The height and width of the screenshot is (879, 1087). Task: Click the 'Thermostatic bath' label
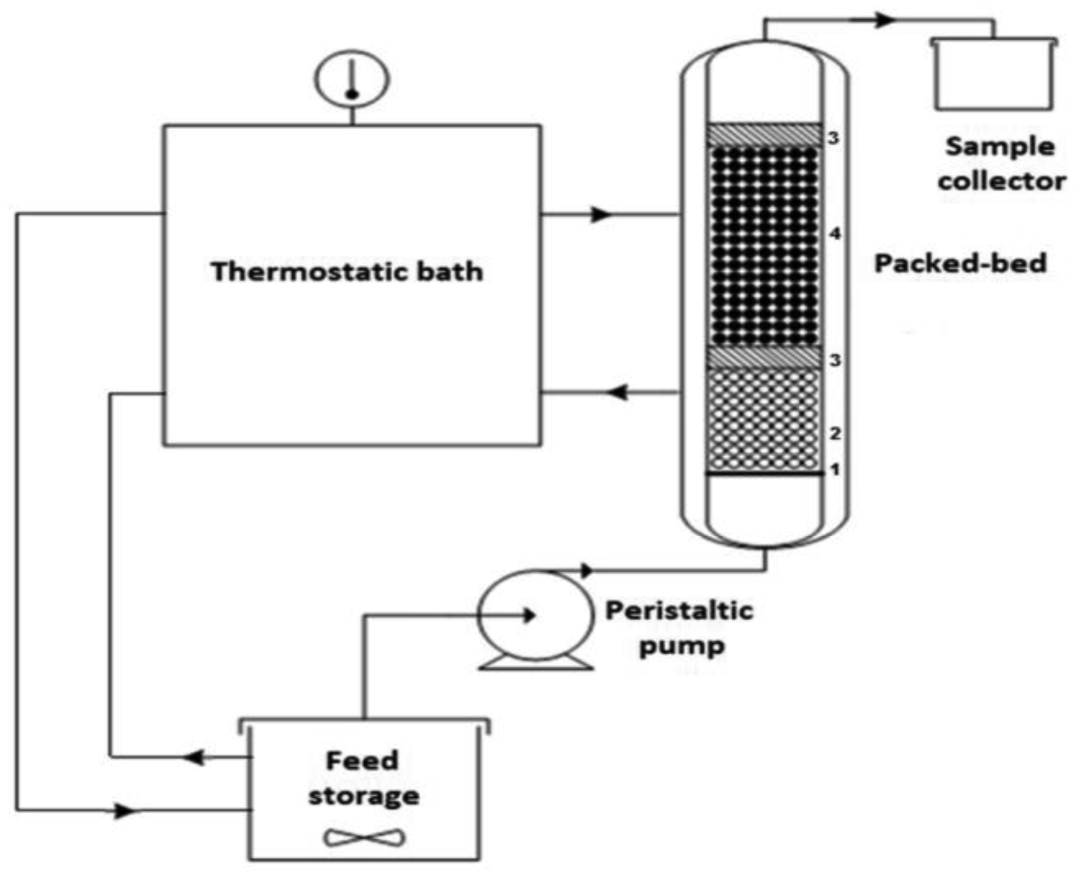[x=347, y=271]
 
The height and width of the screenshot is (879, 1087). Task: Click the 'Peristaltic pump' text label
[x=679, y=628]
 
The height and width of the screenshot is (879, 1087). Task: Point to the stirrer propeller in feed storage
[x=365, y=838]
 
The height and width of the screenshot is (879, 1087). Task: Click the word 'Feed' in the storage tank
[x=362, y=761]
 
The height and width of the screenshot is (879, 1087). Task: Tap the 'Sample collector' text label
[x=1001, y=163]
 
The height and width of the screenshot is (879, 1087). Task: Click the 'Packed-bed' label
[x=960, y=264]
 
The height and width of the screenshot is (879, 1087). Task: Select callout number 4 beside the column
[x=835, y=234]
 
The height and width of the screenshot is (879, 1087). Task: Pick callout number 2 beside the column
[x=835, y=434]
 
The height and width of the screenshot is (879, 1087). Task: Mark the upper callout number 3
[x=833, y=138]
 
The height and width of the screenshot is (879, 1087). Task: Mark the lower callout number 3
[x=835, y=360]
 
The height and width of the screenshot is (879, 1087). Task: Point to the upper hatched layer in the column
[x=764, y=135]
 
